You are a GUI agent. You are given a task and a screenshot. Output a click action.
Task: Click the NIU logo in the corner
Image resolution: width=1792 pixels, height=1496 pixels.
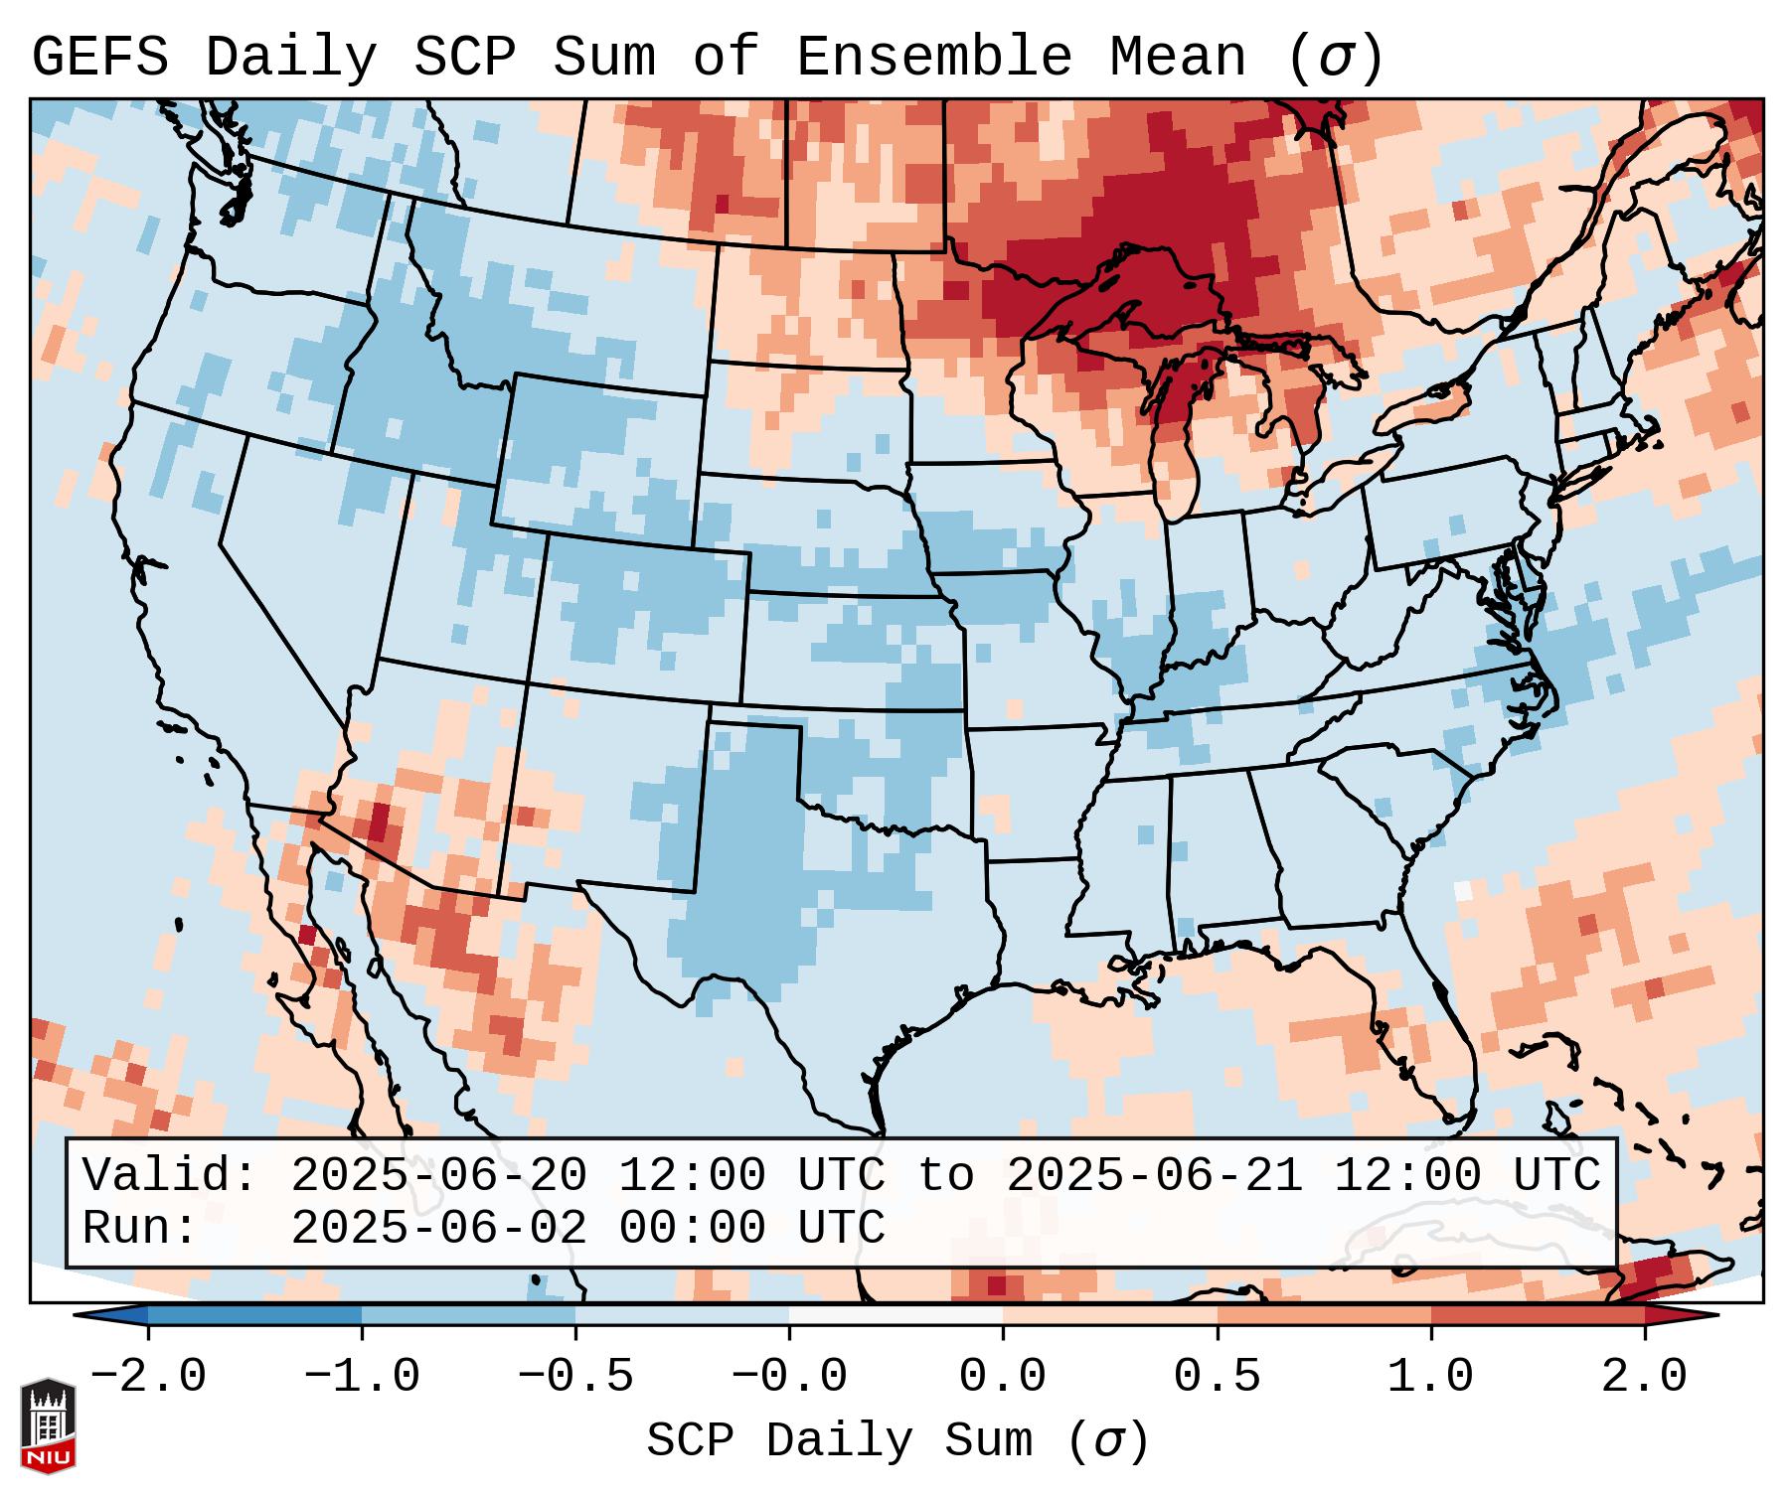[x=48, y=1425]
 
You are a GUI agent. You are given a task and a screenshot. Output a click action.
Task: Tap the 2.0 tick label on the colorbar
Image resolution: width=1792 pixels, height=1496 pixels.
[x=1644, y=1377]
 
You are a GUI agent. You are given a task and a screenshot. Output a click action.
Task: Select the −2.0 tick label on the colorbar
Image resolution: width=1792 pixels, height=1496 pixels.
[x=148, y=1377]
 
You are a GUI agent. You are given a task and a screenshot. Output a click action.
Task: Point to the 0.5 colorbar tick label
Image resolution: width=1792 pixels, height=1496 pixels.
[x=1217, y=1377]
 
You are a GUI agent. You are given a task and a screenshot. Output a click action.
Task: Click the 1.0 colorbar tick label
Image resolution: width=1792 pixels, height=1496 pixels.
[x=1430, y=1377]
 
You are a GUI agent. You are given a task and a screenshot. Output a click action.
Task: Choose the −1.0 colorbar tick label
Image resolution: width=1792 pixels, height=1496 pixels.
[x=361, y=1377]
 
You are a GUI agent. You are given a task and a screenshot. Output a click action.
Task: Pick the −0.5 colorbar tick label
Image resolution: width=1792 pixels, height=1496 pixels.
[x=574, y=1377]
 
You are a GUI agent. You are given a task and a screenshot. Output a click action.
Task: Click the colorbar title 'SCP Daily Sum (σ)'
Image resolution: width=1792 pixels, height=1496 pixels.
[x=897, y=1440]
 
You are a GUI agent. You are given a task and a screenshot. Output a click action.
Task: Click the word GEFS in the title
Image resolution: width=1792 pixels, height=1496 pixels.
[x=100, y=58]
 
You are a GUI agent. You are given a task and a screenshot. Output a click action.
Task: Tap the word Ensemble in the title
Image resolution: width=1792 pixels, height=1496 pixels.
[x=933, y=58]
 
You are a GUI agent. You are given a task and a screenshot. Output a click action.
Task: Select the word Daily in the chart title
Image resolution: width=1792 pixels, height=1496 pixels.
[x=290, y=58]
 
